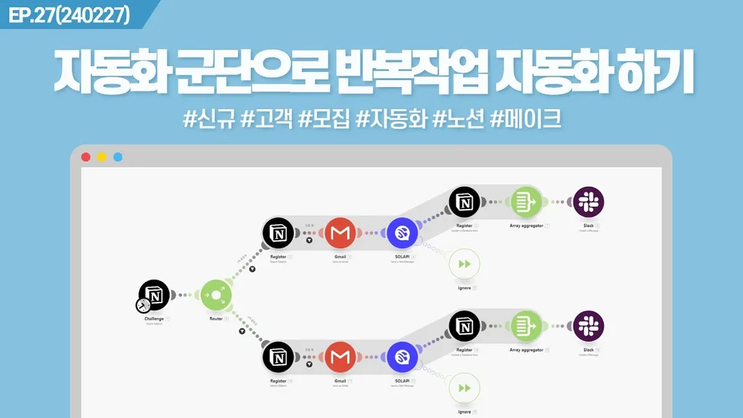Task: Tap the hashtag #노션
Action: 458,118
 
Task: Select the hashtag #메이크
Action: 526,118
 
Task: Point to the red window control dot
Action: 86,157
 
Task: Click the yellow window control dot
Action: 102,157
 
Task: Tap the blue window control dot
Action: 118,157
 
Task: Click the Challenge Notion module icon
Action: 155,295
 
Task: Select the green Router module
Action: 215,295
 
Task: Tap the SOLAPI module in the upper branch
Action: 401,233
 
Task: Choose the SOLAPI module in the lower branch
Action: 401,357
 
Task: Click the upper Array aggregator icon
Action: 526,202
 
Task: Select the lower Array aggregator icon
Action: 526,326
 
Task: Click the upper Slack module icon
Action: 588,202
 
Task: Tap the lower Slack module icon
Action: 588,326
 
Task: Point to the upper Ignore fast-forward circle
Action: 464,265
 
